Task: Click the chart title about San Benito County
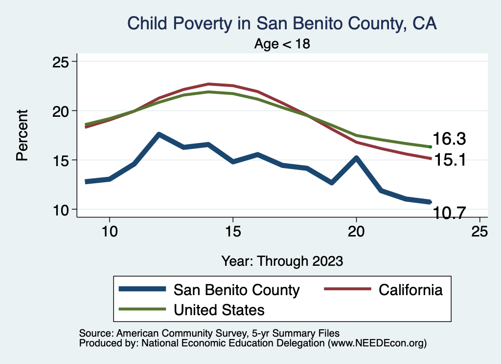282,22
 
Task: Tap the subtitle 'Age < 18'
282,43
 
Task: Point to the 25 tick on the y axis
63,62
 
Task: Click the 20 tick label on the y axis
63,111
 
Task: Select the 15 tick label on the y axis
63,160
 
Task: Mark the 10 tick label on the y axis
63,210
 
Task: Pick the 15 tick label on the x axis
233,231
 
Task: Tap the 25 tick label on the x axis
479,231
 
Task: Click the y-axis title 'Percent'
22,135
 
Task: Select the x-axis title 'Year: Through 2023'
282,260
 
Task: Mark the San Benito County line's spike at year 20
356,158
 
